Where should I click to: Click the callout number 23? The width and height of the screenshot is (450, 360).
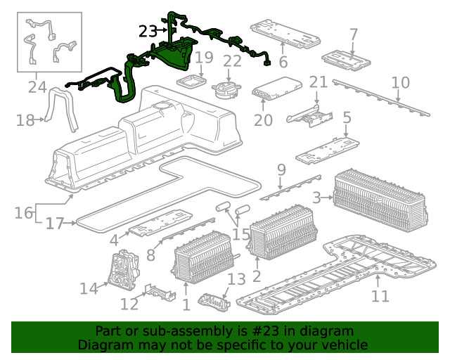[148, 31]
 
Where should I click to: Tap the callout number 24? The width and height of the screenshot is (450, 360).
[37, 87]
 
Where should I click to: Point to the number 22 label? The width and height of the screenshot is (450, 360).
[232, 61]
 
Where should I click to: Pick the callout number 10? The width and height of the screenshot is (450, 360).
[400, 83]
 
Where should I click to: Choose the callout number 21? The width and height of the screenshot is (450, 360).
[319, 82]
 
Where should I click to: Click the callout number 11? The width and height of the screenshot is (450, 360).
[380, 296]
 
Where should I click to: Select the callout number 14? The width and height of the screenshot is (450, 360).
[89, 288]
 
